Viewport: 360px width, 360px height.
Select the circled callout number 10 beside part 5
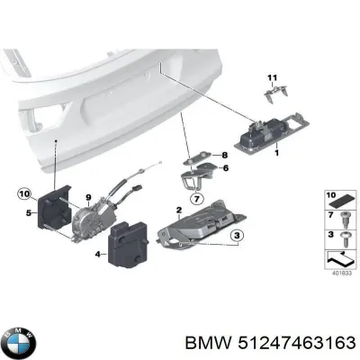(x=23, y=193)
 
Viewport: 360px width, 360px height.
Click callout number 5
(x=30, y=213)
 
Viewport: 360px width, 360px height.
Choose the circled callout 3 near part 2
(x=237, y=236)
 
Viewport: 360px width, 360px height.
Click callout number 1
(x=276, y=153)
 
